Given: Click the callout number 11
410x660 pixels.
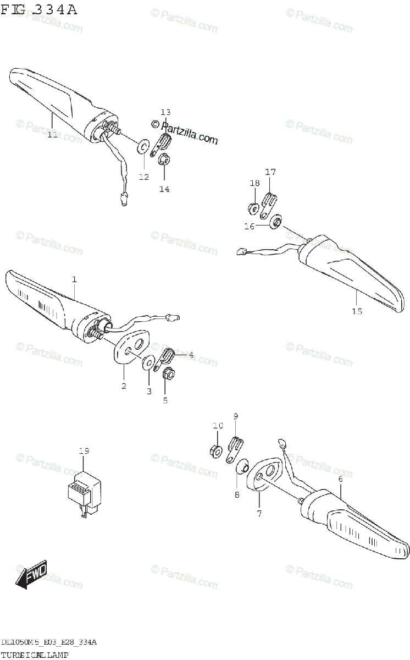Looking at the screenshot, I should coord(52,134).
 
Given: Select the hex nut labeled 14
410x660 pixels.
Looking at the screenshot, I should coord(164,161).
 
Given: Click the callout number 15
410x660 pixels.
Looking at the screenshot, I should coord(357,311).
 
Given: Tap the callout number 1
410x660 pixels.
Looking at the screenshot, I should coord(74,279).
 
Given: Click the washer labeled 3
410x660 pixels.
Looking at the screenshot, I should coord(148,364).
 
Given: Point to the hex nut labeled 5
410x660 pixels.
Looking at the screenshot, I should coord(169,375).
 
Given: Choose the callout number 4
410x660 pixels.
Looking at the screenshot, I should coord(191,355).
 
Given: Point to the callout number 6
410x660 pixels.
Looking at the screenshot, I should coord(340,479).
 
